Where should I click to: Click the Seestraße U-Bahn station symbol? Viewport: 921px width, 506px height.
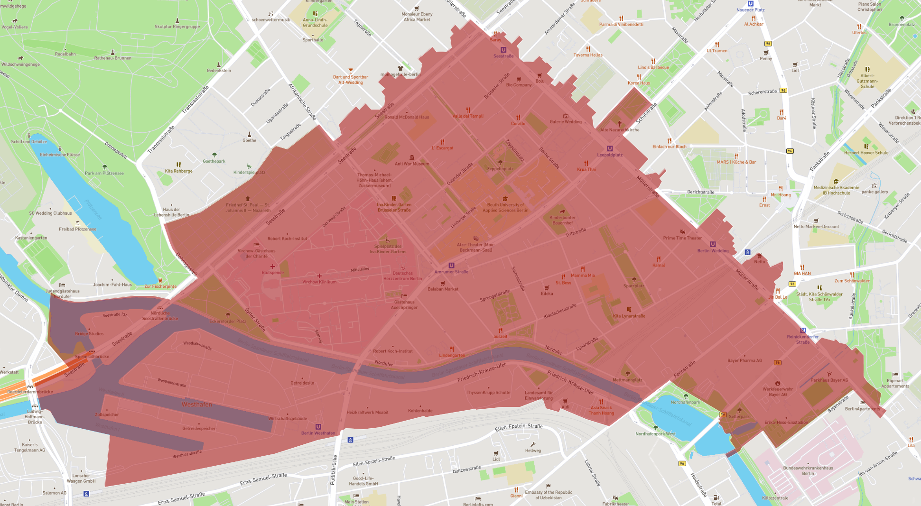[x=503, y=50]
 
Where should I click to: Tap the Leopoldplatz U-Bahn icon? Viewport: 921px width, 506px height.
[x=610, y=148]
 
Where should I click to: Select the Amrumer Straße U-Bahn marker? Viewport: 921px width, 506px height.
[x=451, y=266]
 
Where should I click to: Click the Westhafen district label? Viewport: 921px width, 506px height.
[x=197, y=405]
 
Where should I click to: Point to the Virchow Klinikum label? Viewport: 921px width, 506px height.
[x=319, y=282]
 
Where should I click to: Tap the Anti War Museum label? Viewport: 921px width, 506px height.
[x=412, y=164]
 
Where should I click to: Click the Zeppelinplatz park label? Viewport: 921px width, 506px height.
[x=500, y=169]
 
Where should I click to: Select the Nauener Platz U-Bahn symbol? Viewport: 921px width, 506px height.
[x=751, y=4]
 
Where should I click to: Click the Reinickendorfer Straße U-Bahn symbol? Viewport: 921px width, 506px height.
[x=803, y=331]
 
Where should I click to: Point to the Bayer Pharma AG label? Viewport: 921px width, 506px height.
[x=744, y=360]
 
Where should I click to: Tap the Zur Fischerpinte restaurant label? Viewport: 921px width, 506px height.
[x=160, y=286]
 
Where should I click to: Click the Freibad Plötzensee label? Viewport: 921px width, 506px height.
[x=77, y=229]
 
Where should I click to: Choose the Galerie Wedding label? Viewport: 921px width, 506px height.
[x=566, y=122]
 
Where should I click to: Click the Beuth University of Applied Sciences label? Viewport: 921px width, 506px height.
[x=505, y=208]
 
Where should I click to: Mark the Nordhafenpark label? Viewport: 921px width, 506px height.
[x=685, y=402]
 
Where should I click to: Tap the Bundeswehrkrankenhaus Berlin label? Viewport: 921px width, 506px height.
[x=808, y=470]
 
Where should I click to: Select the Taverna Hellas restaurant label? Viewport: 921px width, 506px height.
[x=588, y=55]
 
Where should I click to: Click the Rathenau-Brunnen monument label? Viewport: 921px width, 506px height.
[x=112, y=58]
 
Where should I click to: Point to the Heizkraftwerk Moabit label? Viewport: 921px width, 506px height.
[x=367, y=412]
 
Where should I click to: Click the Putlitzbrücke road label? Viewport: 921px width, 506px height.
[x=333, y=469]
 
